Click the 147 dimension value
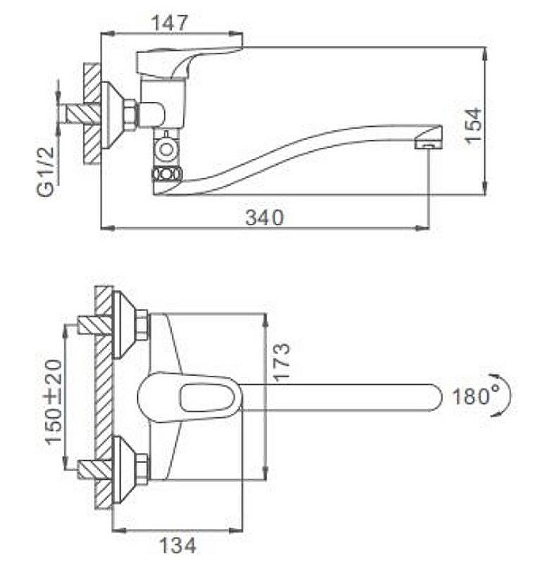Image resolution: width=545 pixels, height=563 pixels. pos(170,23)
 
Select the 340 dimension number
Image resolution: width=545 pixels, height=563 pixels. pos(265,217)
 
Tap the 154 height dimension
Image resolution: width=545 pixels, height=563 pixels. pos(473,125)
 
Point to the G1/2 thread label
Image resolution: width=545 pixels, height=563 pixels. pos(46,171)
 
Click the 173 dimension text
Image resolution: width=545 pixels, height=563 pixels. pos(281,362)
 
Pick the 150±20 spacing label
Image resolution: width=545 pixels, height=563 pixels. pos(54,402)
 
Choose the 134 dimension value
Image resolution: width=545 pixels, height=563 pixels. pos(177,545)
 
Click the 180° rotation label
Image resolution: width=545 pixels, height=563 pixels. pos(471,396)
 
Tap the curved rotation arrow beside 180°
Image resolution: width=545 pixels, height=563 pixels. pos(503,395)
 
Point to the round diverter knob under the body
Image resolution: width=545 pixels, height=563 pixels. pos(166,149)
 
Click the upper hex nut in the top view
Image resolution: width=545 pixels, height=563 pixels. pos(143,325)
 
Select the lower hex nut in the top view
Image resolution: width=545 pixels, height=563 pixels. pos(143,468)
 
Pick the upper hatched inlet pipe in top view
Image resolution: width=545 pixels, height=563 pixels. pos(96,325)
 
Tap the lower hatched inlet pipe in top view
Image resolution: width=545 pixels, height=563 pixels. pos(96,469)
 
